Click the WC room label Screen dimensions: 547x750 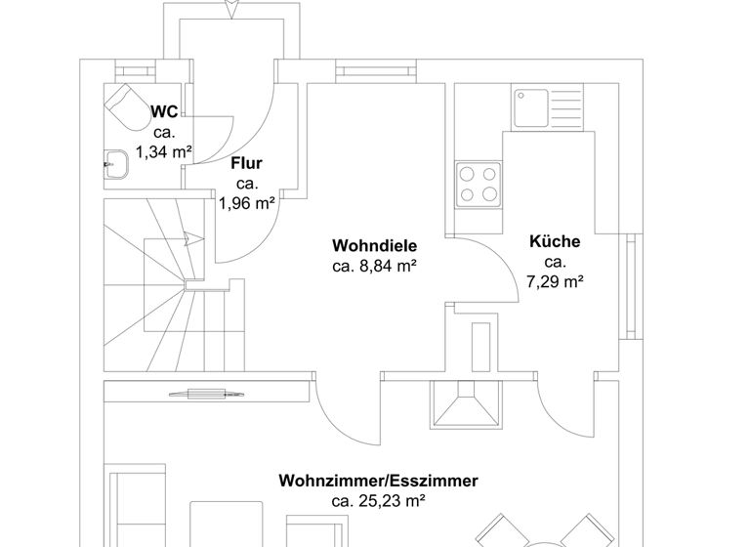click(x=164, y=112)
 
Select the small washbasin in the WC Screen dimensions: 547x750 click(x=117, y=164)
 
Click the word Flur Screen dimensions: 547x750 click(x=246, y=164)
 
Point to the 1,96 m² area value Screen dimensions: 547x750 click(x=246, y=203)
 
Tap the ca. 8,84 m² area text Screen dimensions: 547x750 click(x=374, y=265)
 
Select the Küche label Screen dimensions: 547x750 click(x=555, y=241)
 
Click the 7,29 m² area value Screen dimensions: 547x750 click(x=555, y=281)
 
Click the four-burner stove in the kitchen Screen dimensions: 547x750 click(x=478, y=183)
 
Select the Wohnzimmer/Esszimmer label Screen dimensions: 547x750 click(x=378, y=481)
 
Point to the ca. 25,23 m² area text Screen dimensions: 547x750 click(x=378, y=501)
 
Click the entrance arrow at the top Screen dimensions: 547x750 click(x=230, y=9)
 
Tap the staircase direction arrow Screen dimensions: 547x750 click(x=195, y=237)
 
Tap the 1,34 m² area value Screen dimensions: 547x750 click(x=164, y=151)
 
